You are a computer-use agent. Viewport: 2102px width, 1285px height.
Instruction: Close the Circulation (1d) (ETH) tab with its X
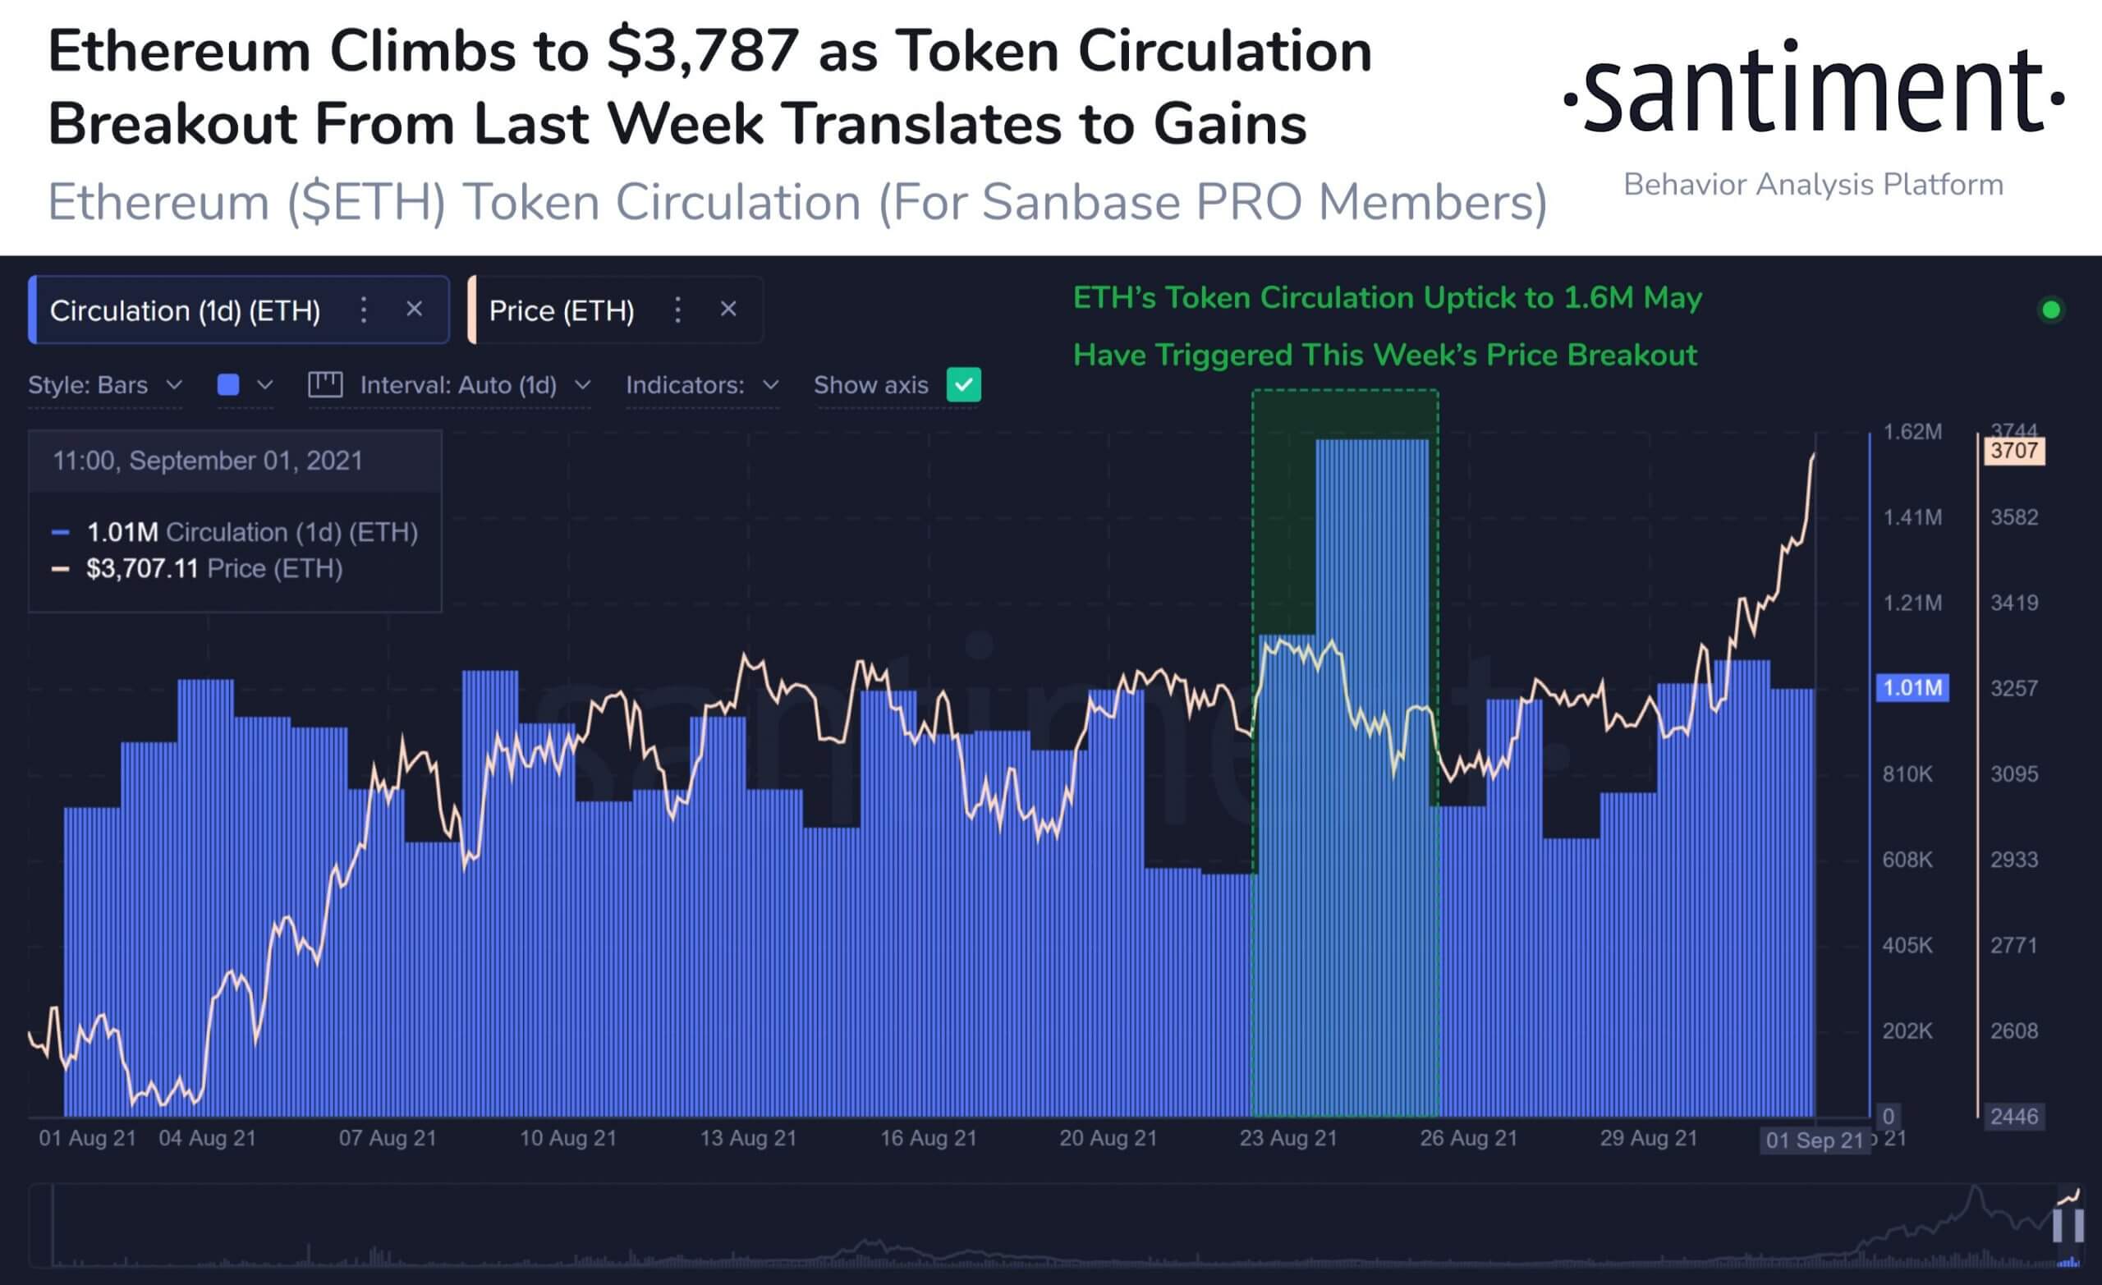tap(414, 309)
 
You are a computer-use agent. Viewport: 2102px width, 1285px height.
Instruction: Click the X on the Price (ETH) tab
tap(727, 309)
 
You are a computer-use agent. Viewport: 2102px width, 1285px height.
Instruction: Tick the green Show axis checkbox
tap(963, 385)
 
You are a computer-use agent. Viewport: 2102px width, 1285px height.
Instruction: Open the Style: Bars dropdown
tap(105, 385)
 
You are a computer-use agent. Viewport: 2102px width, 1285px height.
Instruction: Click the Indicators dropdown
tap(701, 385)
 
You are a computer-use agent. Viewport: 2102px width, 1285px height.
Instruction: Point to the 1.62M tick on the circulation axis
tap(1912, 432)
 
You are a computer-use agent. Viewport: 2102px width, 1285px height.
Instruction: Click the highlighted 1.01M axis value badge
tap(1912, 688)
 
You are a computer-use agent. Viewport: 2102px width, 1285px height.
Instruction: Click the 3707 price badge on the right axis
tap(2013, 451)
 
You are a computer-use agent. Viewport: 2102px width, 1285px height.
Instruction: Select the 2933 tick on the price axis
tap(2013, 859)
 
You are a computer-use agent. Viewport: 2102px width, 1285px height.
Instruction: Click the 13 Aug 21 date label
tap(748, 1138)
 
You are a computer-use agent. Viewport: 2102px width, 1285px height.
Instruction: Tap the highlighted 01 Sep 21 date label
tap(1814, 1140)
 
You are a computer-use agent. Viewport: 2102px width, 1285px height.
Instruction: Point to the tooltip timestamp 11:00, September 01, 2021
tap(207, 461)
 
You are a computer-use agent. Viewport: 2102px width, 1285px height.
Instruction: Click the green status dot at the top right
tap(2051, 310)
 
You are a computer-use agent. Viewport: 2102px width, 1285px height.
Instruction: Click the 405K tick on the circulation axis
tap(1907, 945)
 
